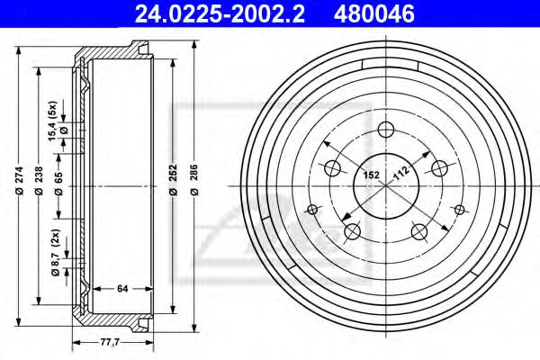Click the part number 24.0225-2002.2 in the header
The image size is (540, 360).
220,14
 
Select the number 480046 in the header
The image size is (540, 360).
374,14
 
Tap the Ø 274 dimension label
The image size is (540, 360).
19,181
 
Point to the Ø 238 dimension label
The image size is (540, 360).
39,181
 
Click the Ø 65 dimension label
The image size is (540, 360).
58,184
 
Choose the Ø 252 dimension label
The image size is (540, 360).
173,180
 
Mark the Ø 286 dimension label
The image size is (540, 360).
194,180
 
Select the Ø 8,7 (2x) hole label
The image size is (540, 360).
56,253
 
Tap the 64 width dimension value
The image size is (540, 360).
122,289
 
